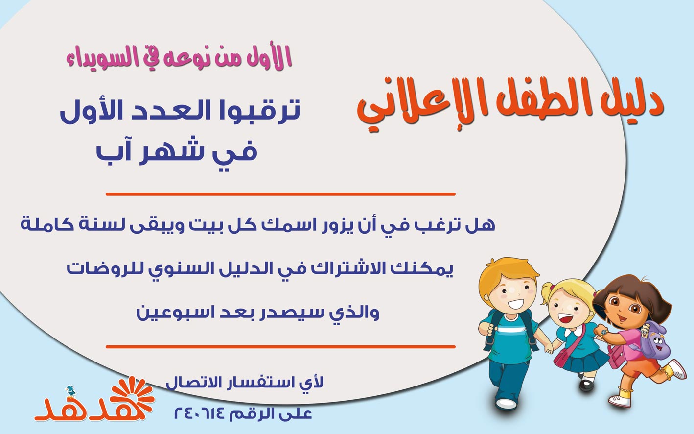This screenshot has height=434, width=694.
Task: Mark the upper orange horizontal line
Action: [280, 194]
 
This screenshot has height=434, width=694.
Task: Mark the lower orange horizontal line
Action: [280, 347]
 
